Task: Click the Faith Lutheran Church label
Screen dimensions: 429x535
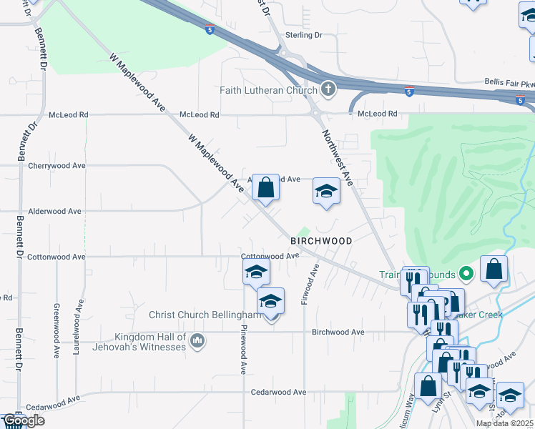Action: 268,90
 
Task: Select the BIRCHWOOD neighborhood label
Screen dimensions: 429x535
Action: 321,241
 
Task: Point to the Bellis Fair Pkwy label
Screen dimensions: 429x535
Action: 509,82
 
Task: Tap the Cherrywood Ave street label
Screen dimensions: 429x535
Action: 57,165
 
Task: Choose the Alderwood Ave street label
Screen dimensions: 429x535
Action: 54,212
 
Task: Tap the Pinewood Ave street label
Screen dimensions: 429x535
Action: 243,350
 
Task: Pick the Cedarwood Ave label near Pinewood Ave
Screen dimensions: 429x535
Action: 279,392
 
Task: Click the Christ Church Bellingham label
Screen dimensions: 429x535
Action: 203,315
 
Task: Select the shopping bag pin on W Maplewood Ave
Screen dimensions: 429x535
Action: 265,189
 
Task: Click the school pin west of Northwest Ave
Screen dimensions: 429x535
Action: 326,192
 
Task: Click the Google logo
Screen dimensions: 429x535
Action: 23,421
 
